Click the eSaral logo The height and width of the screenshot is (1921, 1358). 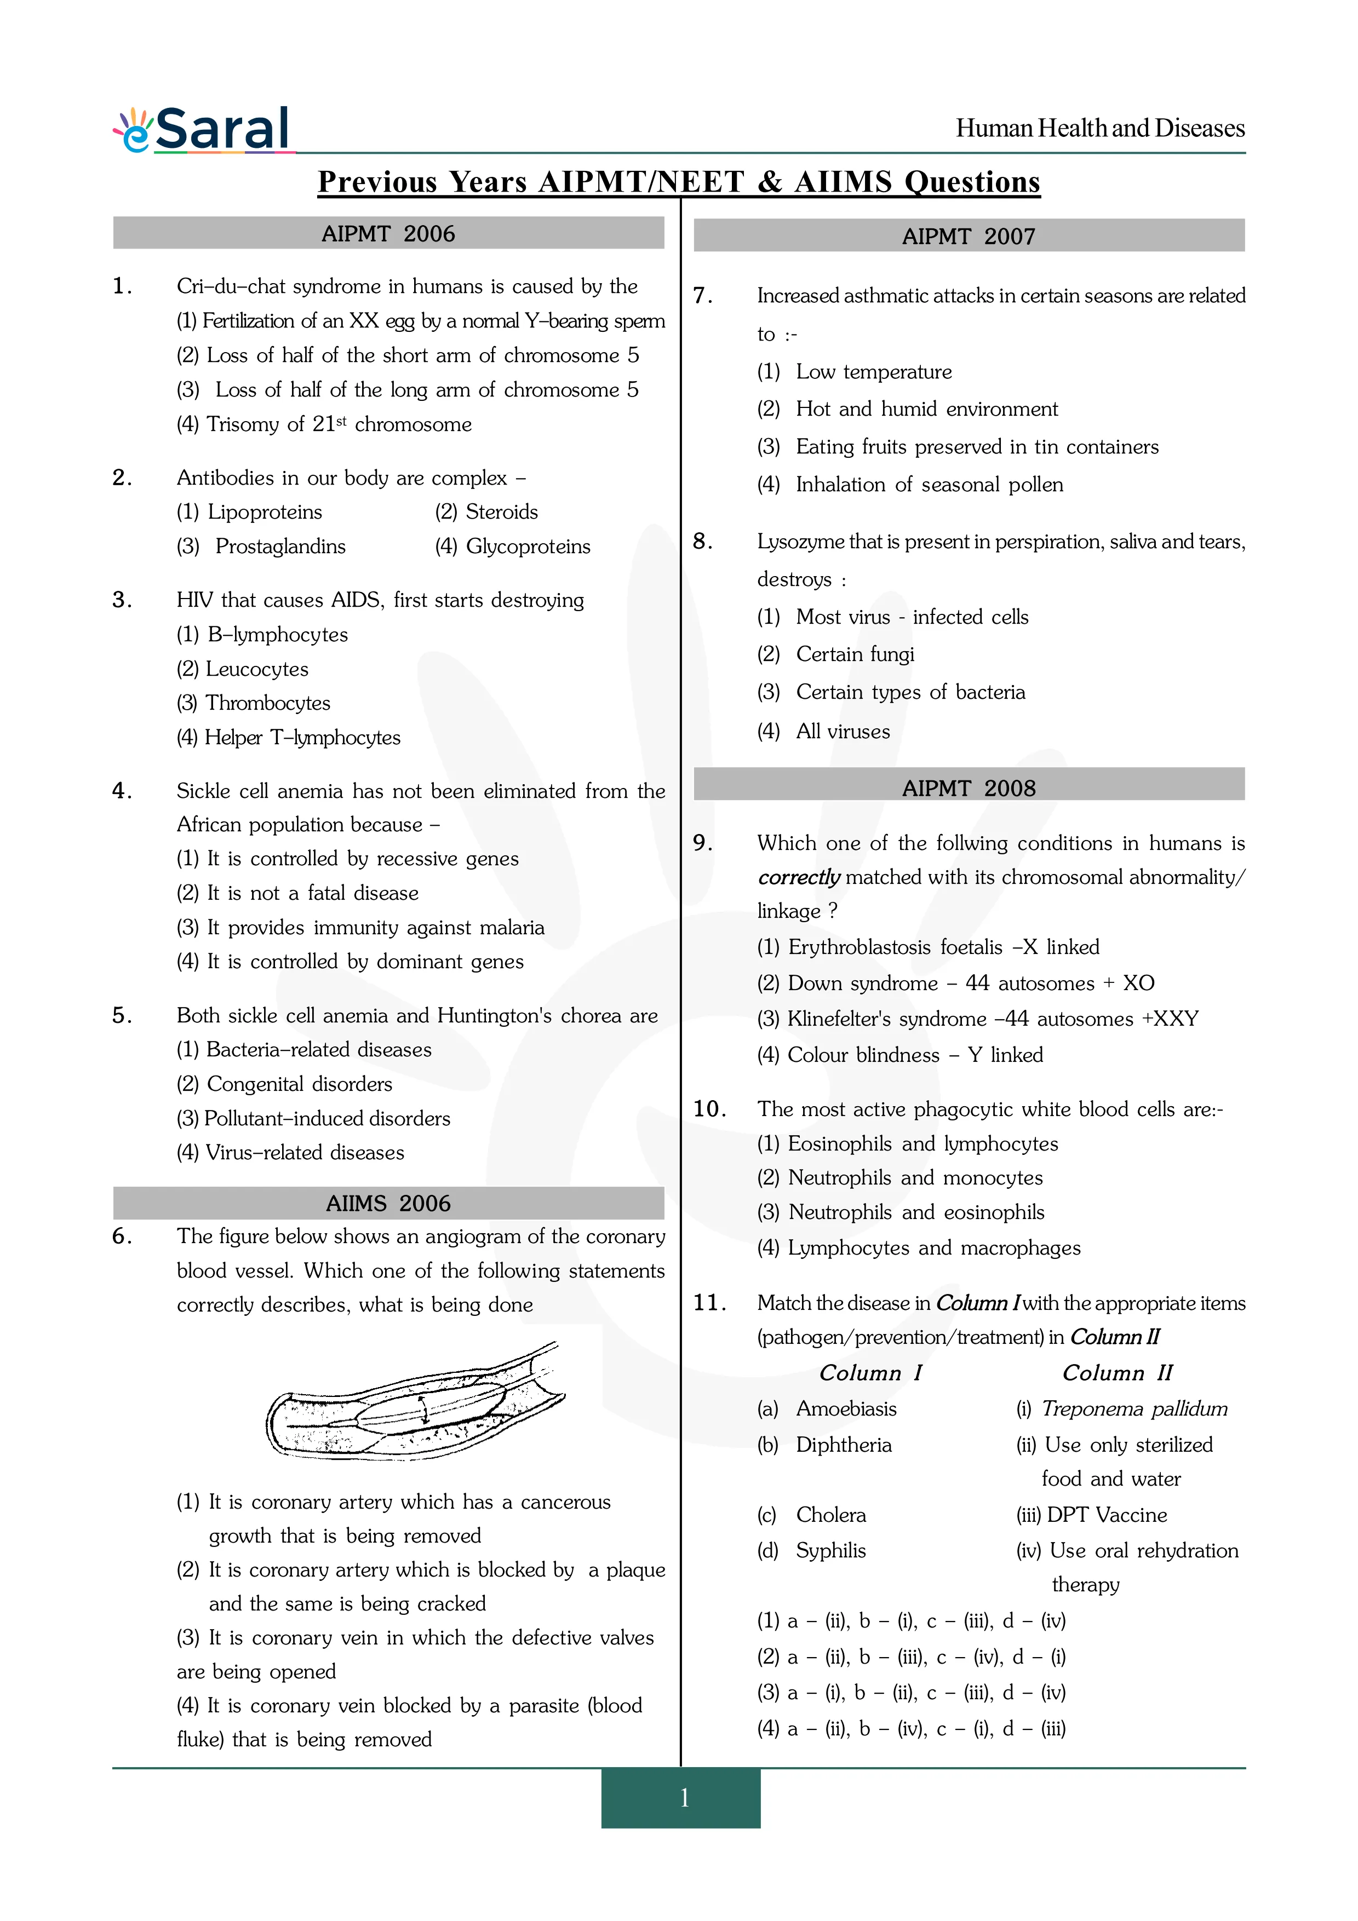click(x=203, y=130)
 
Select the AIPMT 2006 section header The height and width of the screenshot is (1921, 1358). click(x=388, y=233)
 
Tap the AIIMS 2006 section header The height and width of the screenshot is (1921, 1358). click(x=388, y=1203)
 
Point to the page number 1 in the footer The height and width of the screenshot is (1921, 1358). click(x=684, y=1797)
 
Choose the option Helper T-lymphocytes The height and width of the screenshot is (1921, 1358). click(x=302, y=737)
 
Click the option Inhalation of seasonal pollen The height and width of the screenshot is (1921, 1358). click(x=929, y=485)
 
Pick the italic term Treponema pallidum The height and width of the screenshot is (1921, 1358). click(x=1134, y=1409)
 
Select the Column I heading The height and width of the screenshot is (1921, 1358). click(x=870, y=1373)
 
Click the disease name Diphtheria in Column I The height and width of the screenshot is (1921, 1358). click(x=844, y=1445)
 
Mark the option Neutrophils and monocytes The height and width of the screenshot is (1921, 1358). click(x=914, y=1178)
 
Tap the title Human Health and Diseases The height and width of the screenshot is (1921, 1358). click(x=1099, y=128)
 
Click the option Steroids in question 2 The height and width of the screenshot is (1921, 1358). click(x=501, y=512)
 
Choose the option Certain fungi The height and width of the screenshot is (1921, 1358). click(x=854, y=654)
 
